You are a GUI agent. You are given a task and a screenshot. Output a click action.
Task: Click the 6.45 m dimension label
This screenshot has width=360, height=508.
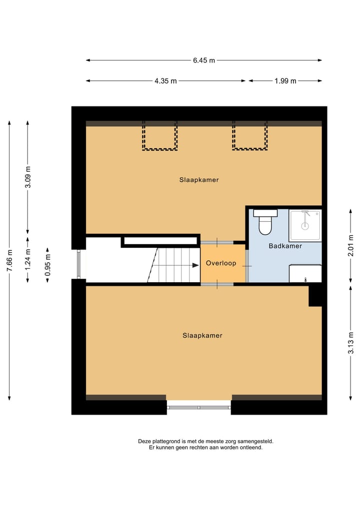tap(204, 60)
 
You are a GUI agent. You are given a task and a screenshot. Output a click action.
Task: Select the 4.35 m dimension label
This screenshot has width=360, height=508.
tap(165, 81)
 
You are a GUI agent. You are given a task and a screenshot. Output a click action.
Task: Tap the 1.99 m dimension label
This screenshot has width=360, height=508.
tap(285, 81)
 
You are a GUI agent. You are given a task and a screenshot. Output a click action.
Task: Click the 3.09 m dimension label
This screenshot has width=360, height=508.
tap(27, 177)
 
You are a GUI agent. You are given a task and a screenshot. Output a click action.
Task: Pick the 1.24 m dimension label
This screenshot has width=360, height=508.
tap(27, 259)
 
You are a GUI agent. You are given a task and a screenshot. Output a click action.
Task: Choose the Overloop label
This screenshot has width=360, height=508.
tap(221, 263)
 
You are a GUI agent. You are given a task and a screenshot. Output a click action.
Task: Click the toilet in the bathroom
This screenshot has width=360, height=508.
tap(264, 223)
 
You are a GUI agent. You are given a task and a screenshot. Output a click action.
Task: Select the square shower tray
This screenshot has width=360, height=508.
tap(305, 225)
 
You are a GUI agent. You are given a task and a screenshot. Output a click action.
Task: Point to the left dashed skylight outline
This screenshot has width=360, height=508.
tap(159, 135)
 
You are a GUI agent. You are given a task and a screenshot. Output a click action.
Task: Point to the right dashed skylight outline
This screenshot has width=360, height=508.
tap(249, 135)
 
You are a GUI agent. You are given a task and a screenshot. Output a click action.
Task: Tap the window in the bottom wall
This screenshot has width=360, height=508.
tap(199, 407)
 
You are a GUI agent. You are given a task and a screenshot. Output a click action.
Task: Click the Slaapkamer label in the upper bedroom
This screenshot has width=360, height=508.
tap(199, 180)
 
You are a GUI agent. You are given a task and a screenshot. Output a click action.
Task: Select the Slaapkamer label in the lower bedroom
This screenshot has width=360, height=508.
tap(202, 336)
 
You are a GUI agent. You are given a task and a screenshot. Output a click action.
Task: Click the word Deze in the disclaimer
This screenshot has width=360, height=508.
tap(144, 442)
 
